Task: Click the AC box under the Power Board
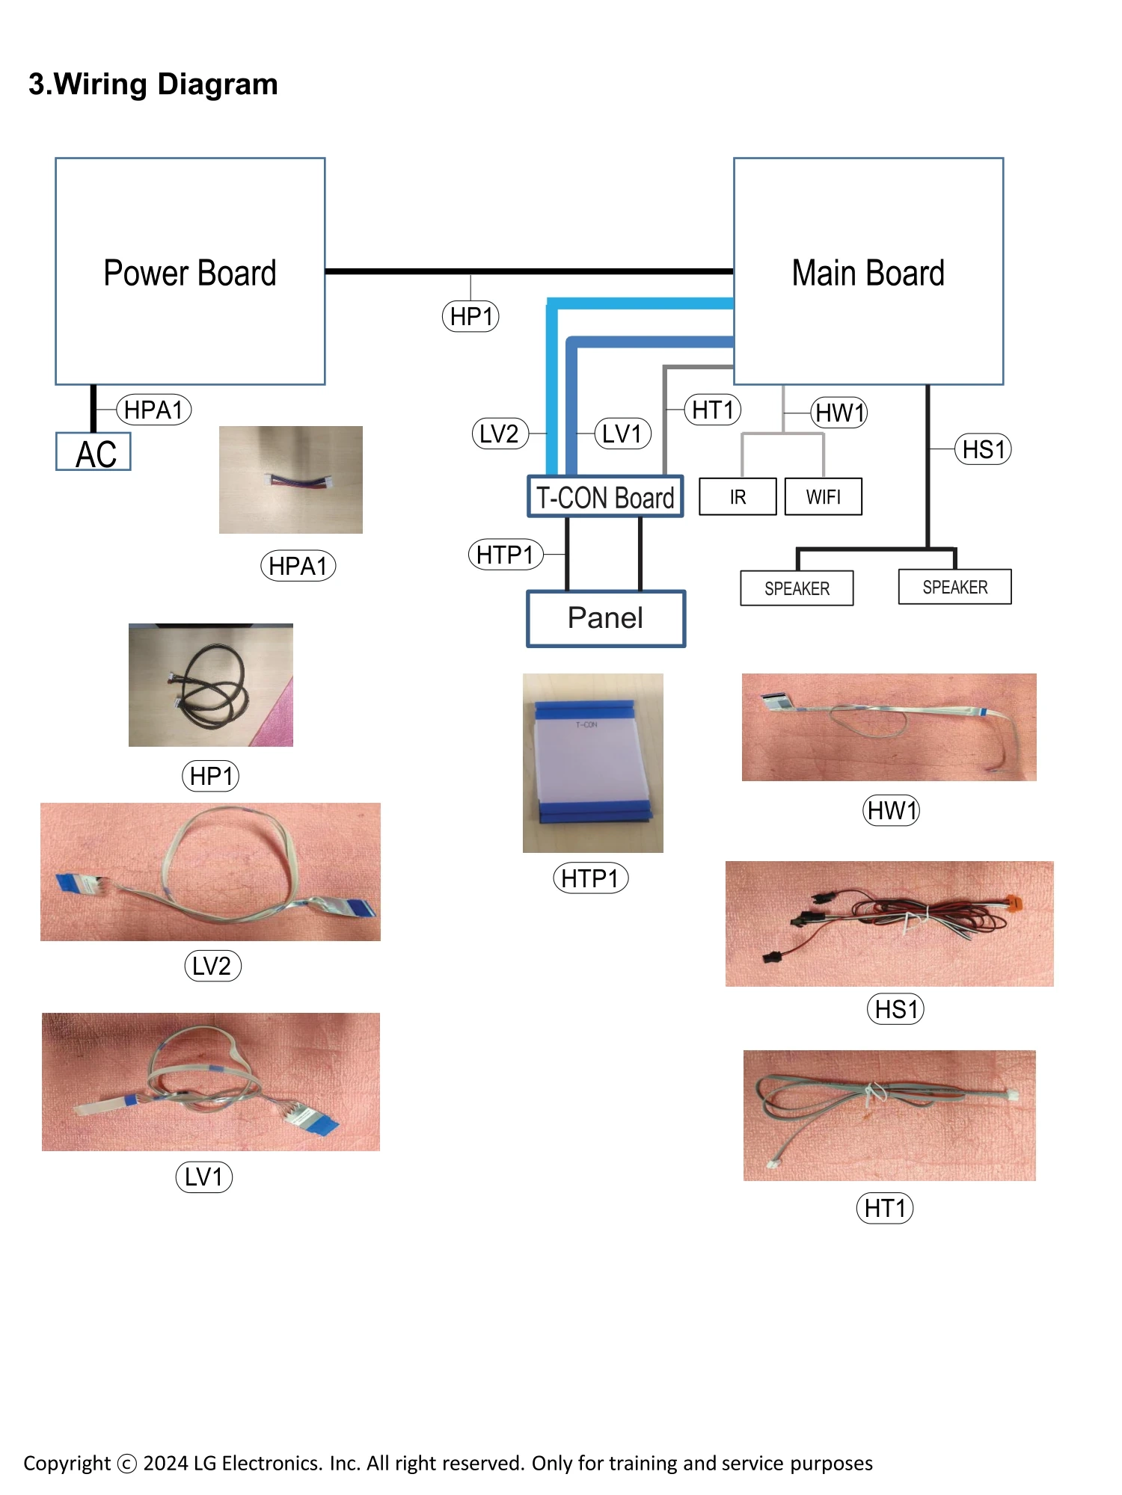coord(93,452)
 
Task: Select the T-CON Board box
coord(605,497)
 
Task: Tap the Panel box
coord(605,618)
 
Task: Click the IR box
coord(738,497)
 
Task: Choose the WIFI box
coord(823,497)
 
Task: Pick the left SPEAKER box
coord(797,588)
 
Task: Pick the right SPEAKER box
coord(954,587)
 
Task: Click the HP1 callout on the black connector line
coord(470,316)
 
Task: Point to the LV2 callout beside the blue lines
coord(500,434)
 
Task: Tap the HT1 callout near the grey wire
coord(713,410)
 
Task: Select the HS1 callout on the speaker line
coord(983,449)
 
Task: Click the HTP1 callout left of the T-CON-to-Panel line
coord(506,555)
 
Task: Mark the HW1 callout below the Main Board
coord(839,413)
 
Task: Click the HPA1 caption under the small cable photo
coord(298,566)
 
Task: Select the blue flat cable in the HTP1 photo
coord(592,762)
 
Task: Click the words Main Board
coord(868,273)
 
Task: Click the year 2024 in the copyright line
coord(165,1463)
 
